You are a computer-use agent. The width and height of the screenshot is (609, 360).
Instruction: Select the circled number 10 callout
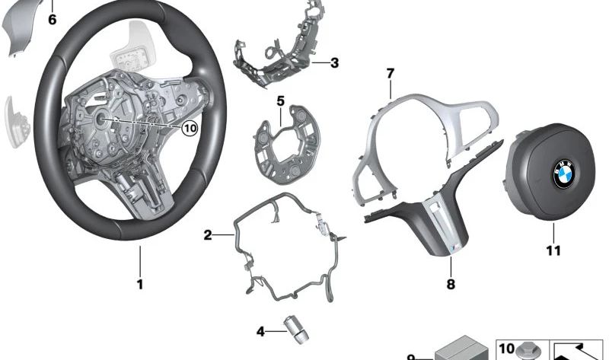190,128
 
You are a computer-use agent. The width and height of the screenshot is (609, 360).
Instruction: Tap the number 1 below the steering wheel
140,285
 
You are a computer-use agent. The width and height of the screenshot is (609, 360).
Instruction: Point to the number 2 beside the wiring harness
208,235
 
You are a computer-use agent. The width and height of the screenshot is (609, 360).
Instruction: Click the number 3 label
334,63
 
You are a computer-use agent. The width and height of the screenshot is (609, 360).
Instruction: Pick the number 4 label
260,332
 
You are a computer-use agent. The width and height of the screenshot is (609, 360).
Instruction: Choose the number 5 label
280,101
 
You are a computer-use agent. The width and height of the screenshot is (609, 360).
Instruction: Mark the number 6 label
52,19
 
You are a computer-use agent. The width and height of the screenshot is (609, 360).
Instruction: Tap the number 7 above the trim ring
391,73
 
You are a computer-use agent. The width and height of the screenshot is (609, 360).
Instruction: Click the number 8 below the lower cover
451,285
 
